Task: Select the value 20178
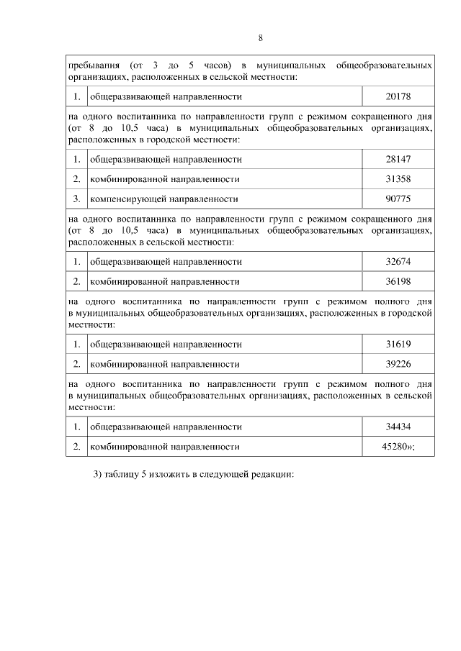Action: coord(398,96)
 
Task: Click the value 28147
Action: coord(398,159)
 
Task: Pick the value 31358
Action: coord(398,178)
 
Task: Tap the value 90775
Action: coord(398,198)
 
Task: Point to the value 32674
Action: coord(398,262)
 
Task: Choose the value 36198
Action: coord(398,281)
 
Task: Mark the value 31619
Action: coord(398,345)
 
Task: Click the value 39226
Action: coord(398,364)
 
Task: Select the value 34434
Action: coord(398,427)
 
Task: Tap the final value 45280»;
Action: coord(398,447)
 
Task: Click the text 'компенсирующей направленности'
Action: coord(164,198)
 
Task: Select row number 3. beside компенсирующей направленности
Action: coord(76,198)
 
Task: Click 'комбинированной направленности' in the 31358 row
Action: coord(164,178)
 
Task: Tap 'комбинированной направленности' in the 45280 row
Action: coord(164,447)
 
